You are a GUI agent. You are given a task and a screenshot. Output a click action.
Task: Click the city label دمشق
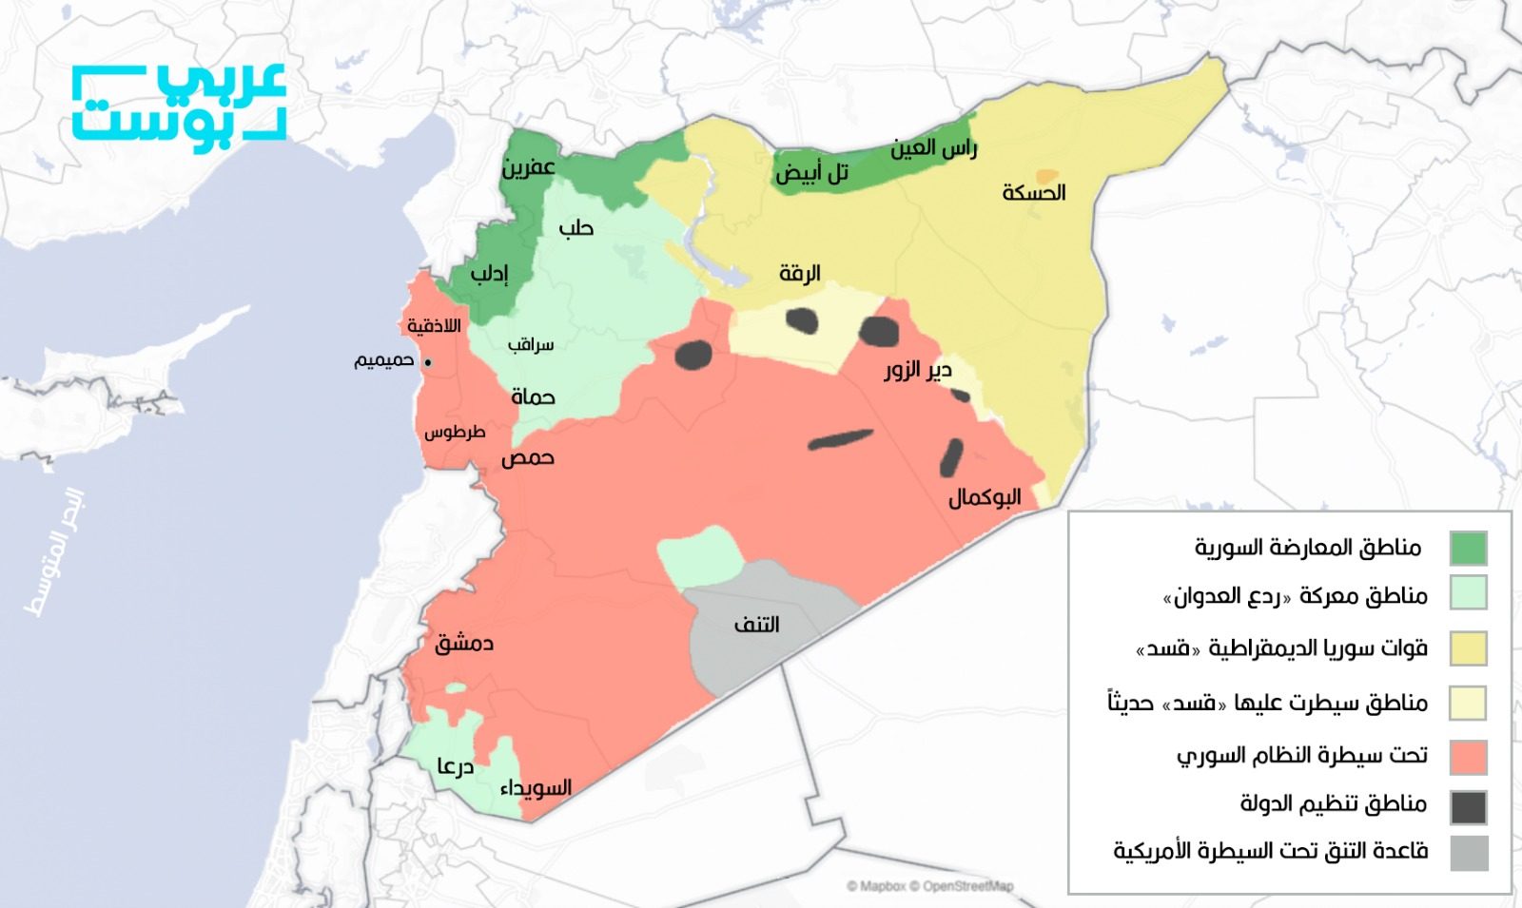(464, 644)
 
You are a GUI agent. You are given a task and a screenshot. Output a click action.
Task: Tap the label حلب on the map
(576, 228)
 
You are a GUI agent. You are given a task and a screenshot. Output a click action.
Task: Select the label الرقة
(799, 274)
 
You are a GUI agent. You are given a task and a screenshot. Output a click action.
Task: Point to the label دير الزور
(917, 369)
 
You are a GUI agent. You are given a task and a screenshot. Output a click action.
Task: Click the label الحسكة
(1033, 193)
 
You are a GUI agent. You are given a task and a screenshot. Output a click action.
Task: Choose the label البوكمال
(985, 497)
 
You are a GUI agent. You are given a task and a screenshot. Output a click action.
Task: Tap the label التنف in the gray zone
(756, 625)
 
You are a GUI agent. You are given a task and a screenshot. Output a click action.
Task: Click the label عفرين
(529, 168)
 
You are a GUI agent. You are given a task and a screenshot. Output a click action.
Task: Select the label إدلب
(490, 275)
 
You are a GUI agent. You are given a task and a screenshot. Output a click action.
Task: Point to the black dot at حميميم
(428, 362)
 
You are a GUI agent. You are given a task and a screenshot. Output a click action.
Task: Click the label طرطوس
(455, 433)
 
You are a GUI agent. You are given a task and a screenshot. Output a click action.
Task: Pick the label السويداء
(536, 787)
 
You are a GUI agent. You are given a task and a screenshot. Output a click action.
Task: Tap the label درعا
(456, 765)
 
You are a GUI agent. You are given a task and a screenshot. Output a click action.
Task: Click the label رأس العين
(933, 149)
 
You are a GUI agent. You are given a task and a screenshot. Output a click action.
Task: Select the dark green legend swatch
(1468, 549)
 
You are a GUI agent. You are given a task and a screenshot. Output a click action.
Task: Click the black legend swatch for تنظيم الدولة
(1468, 807)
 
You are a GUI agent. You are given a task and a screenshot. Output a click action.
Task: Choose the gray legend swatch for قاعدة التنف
(1468, 853)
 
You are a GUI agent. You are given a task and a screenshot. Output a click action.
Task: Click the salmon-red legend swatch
(1468, 758)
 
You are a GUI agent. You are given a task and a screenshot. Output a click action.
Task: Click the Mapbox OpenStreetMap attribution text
(929, 886)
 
